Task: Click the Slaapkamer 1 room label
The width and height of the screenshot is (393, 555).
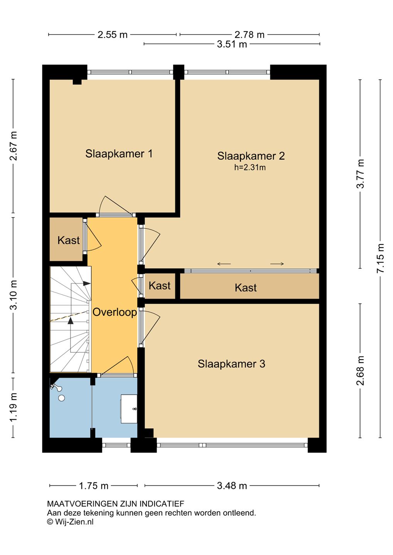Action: pyautogui.click(x=119, y=154)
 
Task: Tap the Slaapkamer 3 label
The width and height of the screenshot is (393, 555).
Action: pyautogui.click(x=231, y=364)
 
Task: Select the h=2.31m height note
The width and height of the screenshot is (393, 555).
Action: pyautogui.click(x=250, y=168)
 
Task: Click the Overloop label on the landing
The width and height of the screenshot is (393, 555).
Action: pyautogui.click(x=115, y=313)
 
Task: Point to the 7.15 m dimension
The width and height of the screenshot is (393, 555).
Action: pyautogui.click(x=380, y=258)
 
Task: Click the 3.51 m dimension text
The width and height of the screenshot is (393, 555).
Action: pyautogui.click(x=232, y=44)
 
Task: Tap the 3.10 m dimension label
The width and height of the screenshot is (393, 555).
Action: pyautogui.click(x=13, y=295)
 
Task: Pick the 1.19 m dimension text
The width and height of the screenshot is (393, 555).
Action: pyautogui.click(x=13, y=407)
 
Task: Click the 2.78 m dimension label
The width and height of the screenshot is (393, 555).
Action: pyautogui.click(x=250, y=35)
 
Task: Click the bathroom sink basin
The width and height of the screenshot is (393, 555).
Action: pyautogui.click(x=129, y=409)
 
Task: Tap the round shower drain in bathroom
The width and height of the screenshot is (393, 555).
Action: pyautogui.click(x=61, y=398)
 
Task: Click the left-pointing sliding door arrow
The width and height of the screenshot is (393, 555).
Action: pyautogui.click(x=224, y=264)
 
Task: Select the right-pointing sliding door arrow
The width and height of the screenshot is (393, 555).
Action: pyautogui.click(x=277, y=264)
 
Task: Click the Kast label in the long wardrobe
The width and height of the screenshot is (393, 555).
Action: pyautogui.click(x=246, y=288)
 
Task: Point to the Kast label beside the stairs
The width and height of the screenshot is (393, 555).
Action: pyautogui.click(x=68, y=240)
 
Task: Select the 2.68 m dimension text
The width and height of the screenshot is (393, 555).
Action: pyautogui.click(x=360, y=371)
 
